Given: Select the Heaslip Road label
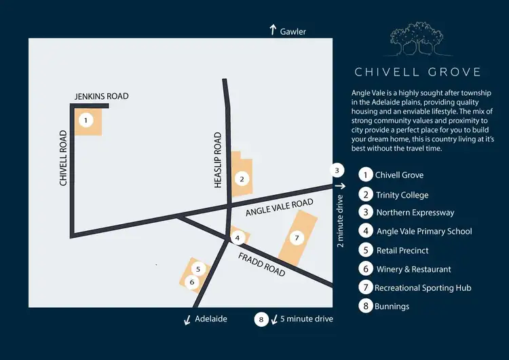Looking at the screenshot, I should tap(218, 160).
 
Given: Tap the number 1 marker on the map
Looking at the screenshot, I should tap(86, 121).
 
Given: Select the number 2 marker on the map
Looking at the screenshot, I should tap(241, 179).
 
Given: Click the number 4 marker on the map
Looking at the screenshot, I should tap(237, 237).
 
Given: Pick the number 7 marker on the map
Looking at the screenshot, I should tap(295, 238).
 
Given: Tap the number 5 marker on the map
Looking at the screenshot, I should tap(197, 268).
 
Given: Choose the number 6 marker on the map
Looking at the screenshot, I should tap(192, 282).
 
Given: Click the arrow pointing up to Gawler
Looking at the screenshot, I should tap(273, 30).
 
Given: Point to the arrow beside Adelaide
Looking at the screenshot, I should tap(187, 319).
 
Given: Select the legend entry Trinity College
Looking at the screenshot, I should tap(402, 195).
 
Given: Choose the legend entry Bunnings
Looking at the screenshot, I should tap(392, 306).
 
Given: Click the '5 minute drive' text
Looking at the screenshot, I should tap(307, 319).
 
